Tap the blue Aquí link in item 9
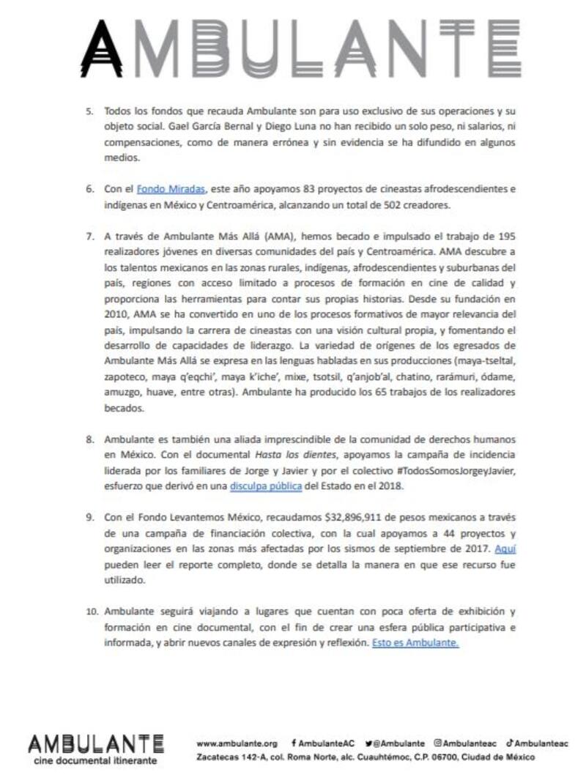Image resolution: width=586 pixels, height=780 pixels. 505,548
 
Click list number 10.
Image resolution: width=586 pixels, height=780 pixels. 90,611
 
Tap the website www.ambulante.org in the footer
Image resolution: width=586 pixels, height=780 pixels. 237,743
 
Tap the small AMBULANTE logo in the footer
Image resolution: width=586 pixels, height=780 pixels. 96,744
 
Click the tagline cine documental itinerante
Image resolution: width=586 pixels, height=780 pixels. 96,761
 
